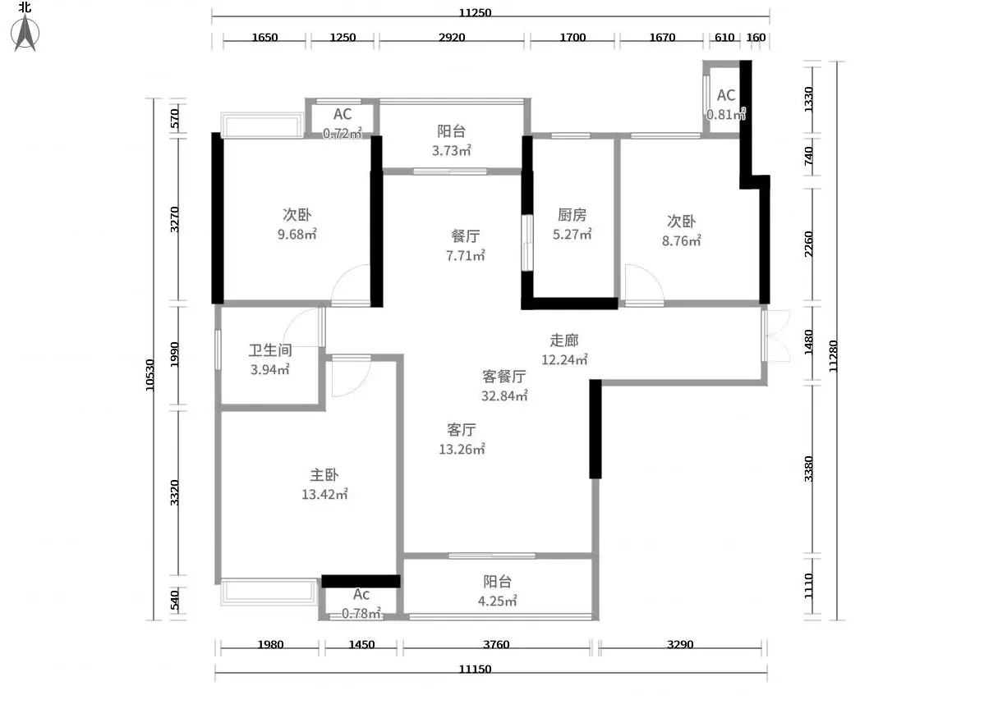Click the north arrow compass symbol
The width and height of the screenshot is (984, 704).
[x=25, y=33]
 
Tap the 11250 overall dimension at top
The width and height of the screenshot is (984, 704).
[x=475, y=12]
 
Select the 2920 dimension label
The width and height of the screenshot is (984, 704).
[x=452, y=37]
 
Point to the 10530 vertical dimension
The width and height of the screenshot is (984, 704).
[x=150, y=375]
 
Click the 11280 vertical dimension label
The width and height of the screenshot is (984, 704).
[x=834, y=356]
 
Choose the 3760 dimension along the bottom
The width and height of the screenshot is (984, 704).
[x=496, y=644]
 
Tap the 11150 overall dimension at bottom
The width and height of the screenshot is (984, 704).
[x=475, y=669]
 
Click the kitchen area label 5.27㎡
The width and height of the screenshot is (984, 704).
[x=572, y=235]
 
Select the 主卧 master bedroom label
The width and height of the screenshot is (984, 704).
[x=324, y=474]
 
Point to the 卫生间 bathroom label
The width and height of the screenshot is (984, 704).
[x=270, y=350]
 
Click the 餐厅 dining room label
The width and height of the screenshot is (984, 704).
[x=466, y=235]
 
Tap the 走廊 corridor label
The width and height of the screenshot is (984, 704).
[x=564, y=340]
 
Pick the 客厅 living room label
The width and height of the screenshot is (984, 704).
[x=462, y=429]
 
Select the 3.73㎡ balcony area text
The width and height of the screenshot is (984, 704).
[x=451, y=150]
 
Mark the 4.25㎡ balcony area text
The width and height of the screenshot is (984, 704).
[x=498, y=601]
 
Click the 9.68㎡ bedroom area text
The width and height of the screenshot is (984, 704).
[x=297, y=234]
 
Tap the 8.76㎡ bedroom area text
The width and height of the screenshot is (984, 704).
[x=682, y=240]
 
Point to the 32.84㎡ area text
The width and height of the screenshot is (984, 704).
[x=504, y=395]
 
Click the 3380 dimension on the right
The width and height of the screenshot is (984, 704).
[x=808, y=469]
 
